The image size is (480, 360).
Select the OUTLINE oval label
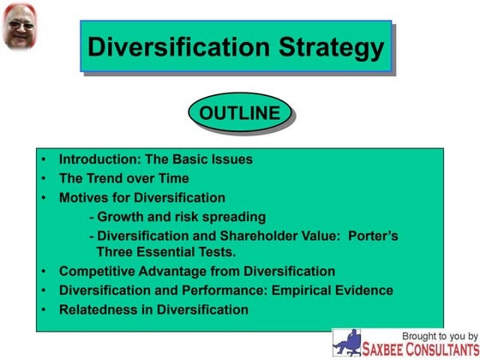239,113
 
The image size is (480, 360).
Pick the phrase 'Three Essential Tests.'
166,252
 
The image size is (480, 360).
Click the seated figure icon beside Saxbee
347,342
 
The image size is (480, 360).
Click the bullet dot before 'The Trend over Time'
43,178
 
